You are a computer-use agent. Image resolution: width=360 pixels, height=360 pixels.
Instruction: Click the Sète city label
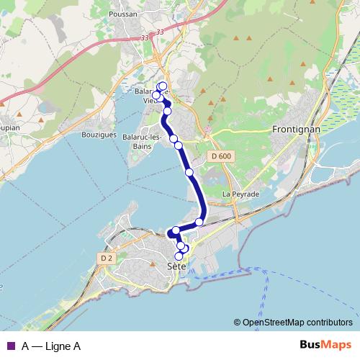click(176, 266)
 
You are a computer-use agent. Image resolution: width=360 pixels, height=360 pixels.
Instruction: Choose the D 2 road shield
click(107, 257)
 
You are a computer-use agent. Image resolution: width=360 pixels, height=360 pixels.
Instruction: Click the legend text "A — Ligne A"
click(50, 346)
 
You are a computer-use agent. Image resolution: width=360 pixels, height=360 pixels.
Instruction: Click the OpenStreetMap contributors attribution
click(297, 323)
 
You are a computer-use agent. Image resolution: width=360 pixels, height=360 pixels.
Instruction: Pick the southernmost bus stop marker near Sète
click(179, 256)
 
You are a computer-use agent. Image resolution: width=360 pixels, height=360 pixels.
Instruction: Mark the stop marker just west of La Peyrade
click(199, 222)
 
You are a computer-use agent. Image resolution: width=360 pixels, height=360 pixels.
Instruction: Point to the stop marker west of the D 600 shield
click(189, 172)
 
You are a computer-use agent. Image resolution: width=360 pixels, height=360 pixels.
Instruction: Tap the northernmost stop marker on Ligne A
click(163, 86)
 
